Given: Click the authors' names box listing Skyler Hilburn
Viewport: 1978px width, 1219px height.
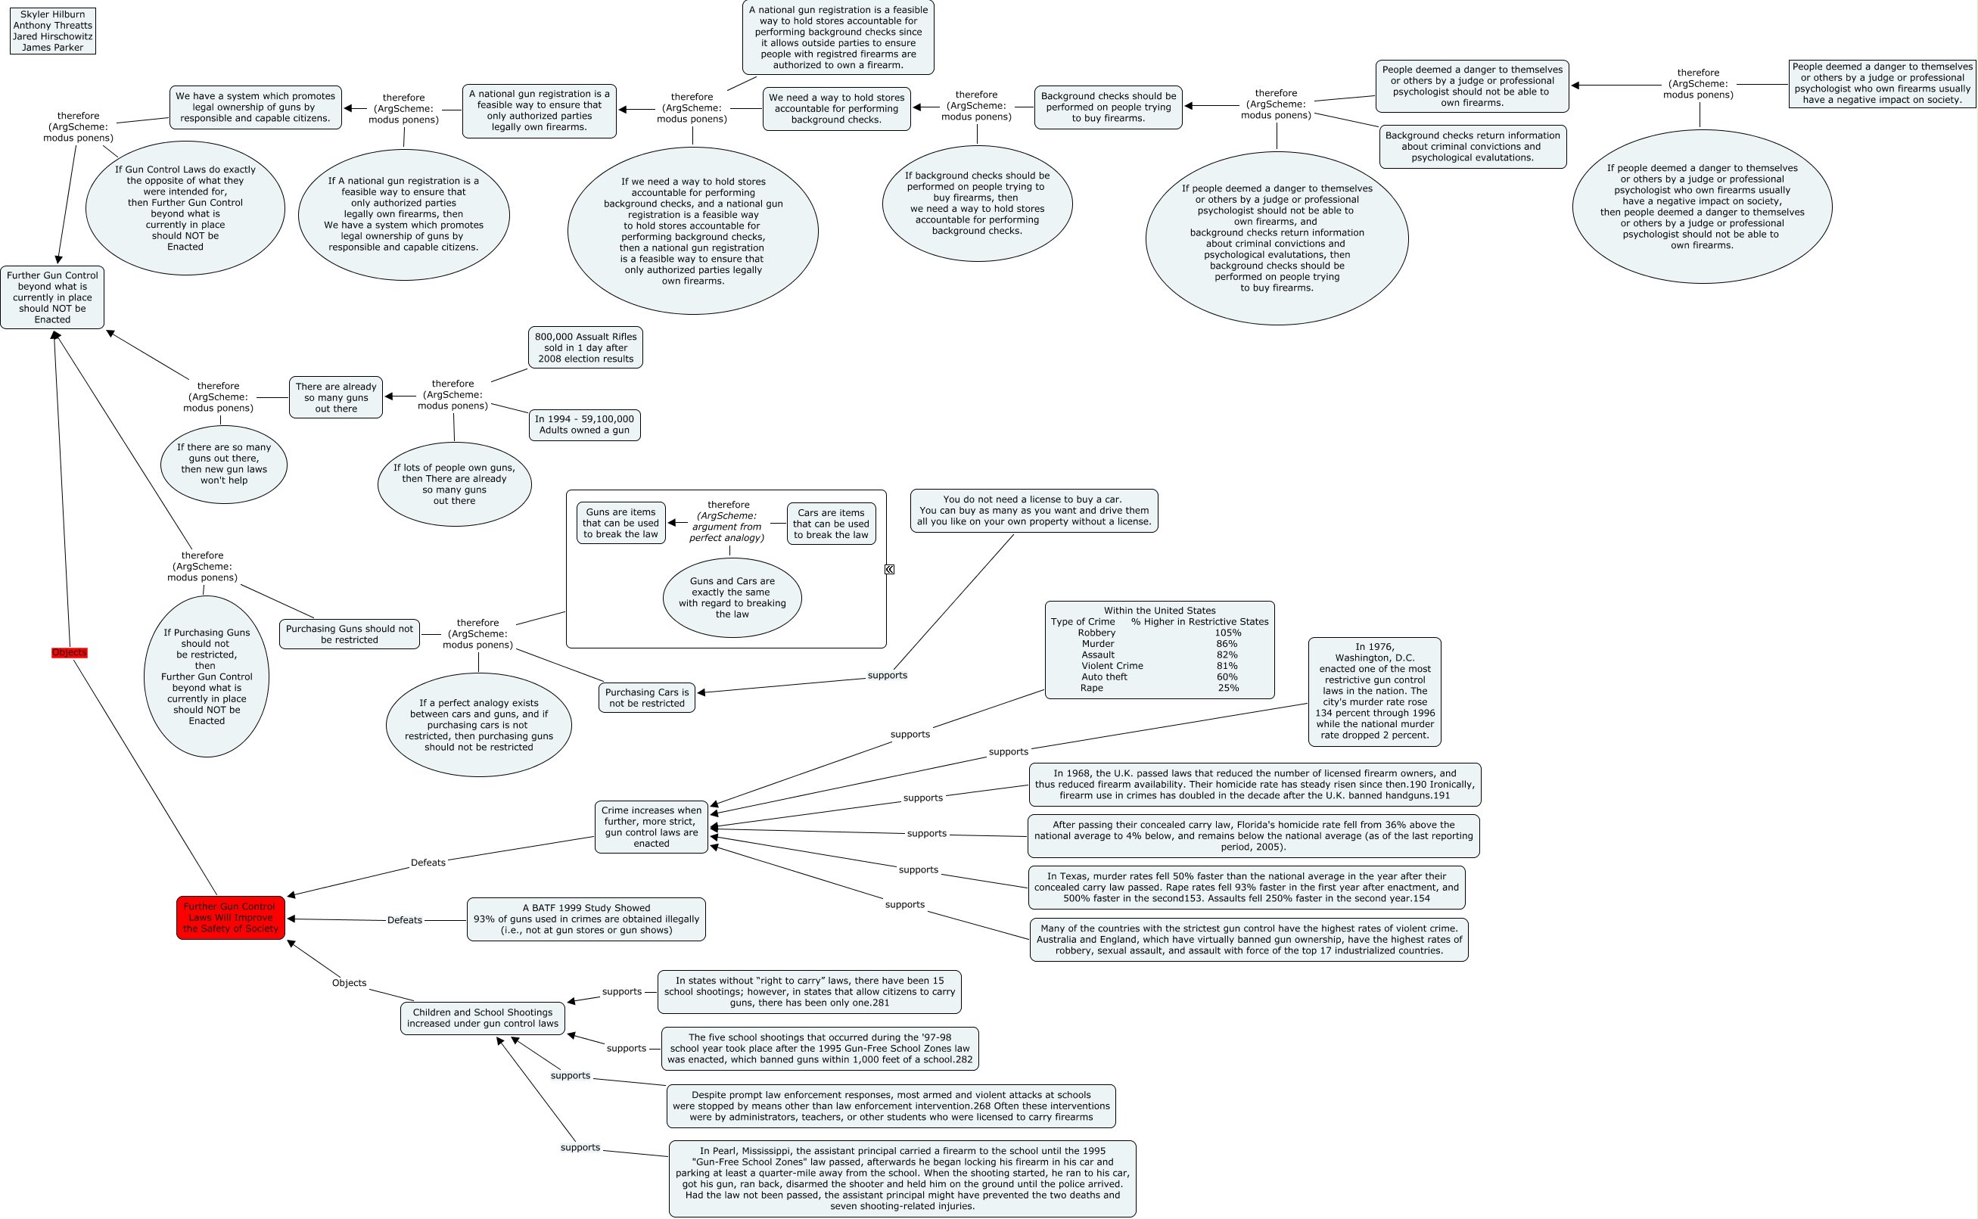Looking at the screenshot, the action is (52, 30).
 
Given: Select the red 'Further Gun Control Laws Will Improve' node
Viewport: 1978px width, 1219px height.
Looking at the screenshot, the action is (231, 918).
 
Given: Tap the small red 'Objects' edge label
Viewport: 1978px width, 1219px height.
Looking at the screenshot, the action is (70, 652).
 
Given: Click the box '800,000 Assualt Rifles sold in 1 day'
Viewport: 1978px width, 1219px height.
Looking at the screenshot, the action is (585, 347).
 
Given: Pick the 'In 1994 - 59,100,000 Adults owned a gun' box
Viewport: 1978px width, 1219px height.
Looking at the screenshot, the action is (584, 424).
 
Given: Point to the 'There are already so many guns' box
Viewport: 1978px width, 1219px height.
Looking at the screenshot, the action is (335, 397).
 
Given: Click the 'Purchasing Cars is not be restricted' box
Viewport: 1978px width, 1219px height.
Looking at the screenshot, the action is (646, 698).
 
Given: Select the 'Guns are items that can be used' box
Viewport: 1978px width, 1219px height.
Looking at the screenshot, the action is (620, 523).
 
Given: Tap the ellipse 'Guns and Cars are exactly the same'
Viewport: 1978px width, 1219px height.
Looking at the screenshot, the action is (732, 598).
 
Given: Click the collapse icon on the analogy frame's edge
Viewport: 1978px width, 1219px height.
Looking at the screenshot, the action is (889, 569).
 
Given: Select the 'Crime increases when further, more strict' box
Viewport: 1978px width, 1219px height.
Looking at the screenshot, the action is (652, 826).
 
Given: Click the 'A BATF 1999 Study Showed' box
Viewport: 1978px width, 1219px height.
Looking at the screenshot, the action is (586, 919).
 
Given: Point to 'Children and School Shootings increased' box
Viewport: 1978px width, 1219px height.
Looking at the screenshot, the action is (482, 1018).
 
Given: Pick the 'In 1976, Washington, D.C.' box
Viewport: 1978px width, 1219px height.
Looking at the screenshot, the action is (1374, 691).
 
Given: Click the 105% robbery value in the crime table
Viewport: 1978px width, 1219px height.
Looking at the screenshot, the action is (1227, 633).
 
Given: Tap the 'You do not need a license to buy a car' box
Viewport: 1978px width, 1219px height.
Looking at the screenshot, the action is (1034, 510).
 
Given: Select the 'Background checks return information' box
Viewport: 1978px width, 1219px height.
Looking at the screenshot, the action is (1473, 147).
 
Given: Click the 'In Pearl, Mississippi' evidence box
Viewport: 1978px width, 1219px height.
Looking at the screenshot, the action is (902, 1178).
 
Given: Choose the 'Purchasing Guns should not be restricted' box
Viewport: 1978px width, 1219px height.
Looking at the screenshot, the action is (349, 633).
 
